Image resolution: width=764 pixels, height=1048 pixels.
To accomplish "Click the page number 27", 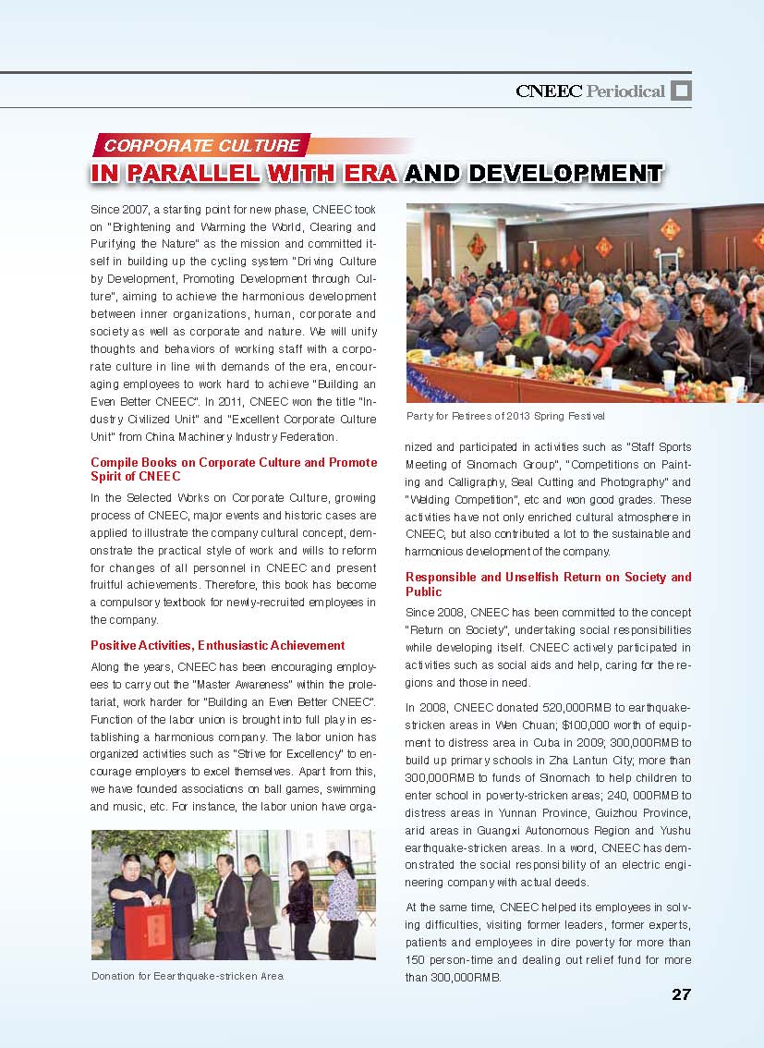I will point(681,994).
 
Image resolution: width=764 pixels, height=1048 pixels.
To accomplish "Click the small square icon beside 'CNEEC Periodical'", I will point(681,91).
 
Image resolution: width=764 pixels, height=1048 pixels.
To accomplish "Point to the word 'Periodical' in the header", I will point(625,91).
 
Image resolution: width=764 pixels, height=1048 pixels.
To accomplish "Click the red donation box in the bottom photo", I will point(148,931).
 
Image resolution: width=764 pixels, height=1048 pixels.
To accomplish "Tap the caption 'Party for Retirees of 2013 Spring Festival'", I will point(505,415).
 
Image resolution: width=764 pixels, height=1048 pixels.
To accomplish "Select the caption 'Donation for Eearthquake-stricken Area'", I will point(188,976).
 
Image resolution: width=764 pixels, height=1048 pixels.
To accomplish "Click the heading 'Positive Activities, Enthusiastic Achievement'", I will point(218,645).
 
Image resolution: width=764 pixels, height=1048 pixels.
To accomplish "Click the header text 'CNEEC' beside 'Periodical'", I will point(549,91).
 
